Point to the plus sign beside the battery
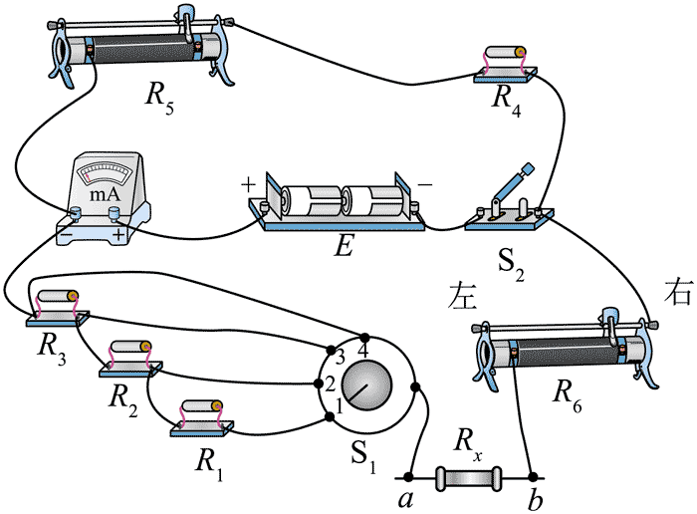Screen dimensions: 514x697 [x=246, y=185]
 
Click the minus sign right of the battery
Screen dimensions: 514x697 [x=424, y=184]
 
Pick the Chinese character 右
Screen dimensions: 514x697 [x=676, y=295]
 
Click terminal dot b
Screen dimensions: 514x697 [x=534, y=476]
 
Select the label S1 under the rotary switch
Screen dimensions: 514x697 [x=364, y=459]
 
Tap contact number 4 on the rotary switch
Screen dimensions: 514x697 [x=362, y=352]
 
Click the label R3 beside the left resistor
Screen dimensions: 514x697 [x=48, y=348]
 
